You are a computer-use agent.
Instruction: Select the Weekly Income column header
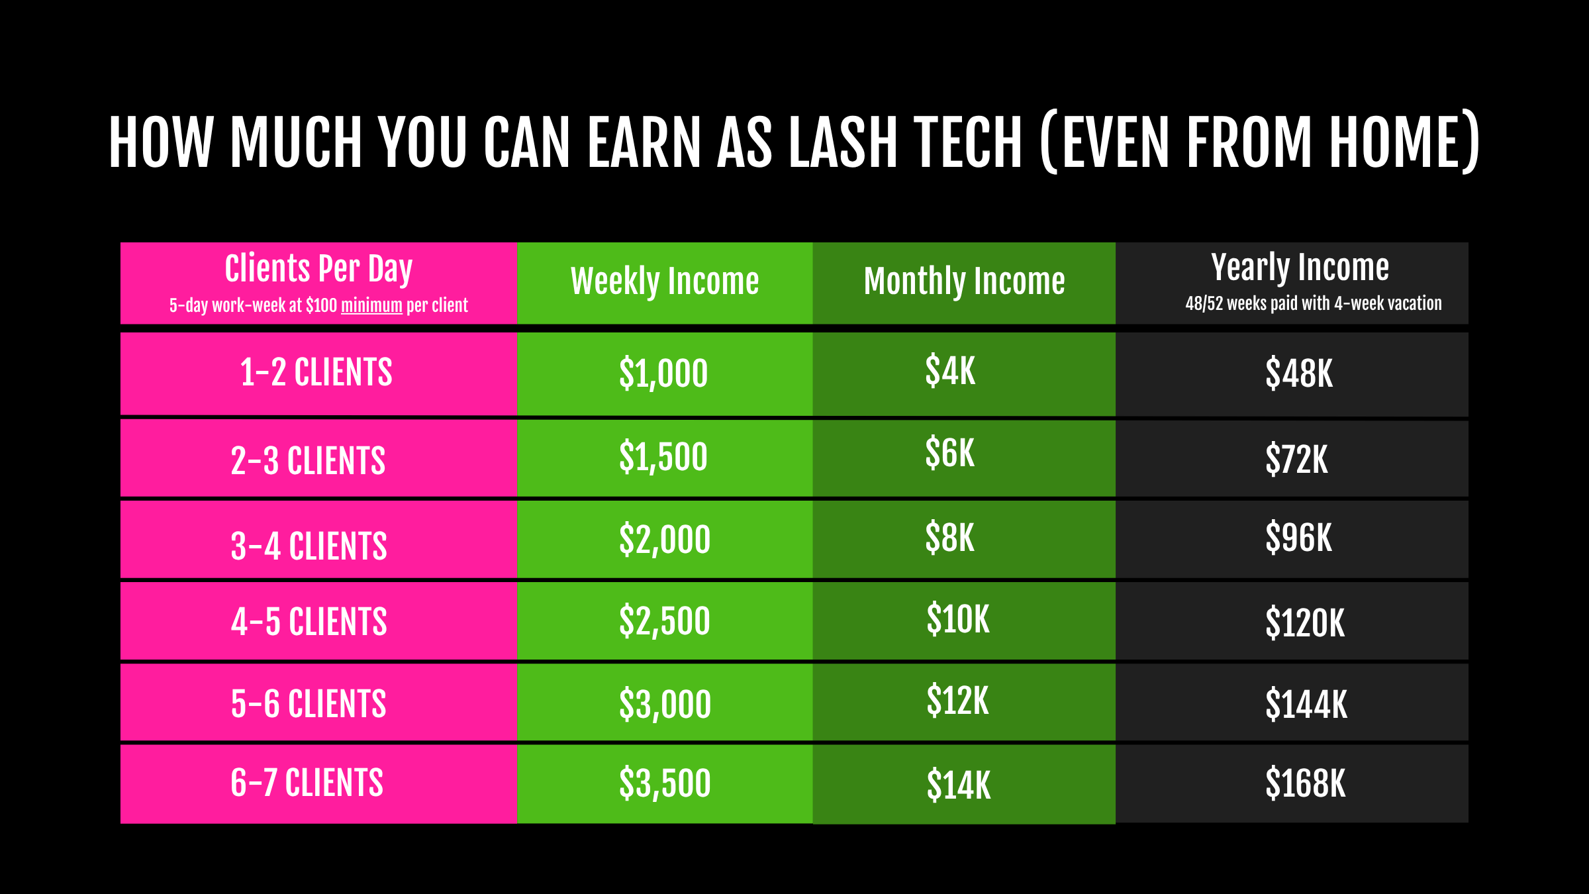[x=665, y=281]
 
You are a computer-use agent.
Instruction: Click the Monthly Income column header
[x=965, y=281]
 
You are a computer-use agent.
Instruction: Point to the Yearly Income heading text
[x=1300, y=268]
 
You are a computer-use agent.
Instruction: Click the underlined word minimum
[x=371, y=305]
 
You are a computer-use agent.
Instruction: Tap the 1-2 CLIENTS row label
[x=316, y=372]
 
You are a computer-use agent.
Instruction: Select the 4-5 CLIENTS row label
[x=309, y=622]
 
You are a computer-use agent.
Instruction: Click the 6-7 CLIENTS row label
[x=307, y=783]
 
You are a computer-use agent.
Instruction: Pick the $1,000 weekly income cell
[x=663, y=373]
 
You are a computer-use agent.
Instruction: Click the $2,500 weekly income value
[x=665, y=621]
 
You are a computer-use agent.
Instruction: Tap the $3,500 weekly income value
[x=665, y=783]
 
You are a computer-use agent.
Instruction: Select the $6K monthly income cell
[x=950, y=453]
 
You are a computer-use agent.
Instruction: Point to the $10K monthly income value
[x=958, y=619]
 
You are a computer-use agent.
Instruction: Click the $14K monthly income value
[x=959, y=785]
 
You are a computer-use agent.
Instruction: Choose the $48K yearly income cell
[x=1299, y=373]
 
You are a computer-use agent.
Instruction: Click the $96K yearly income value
[x=1298, y=537]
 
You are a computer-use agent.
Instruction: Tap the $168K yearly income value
[x=1306, y=783]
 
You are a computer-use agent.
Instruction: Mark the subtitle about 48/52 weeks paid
[x=1314, y=303]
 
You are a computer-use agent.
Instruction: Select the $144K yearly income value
[x=1306, y=704]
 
